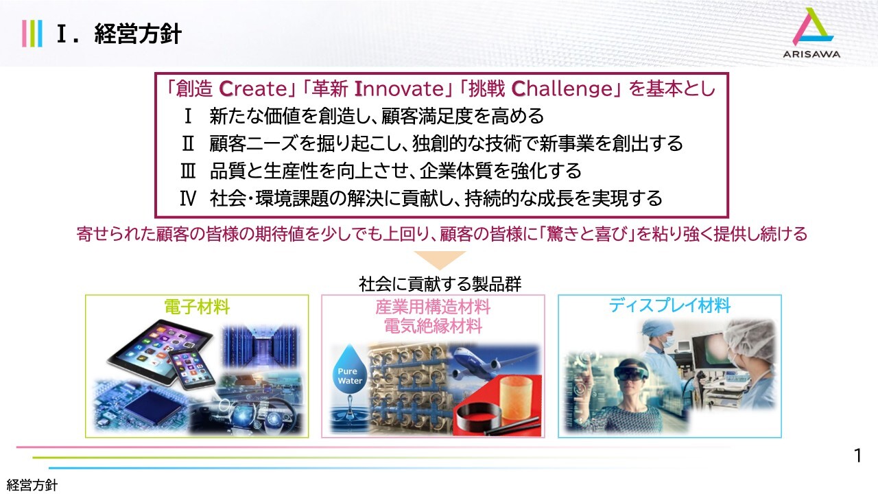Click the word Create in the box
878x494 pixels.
coord(253,89)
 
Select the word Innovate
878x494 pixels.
coord(399,89)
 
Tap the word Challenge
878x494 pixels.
coord(562,89)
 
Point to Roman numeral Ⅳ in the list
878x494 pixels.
coord(188,198)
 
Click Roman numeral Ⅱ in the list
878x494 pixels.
coord(188,143)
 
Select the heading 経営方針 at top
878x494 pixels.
coord(138,34)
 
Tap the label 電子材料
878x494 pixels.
coord(197,307)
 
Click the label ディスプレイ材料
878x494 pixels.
coord(669,305)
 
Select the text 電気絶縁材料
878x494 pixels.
coord(433,326)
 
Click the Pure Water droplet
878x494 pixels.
coord(350,370)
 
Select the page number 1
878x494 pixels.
coord(857,456)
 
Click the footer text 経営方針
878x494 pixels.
coord(32,485)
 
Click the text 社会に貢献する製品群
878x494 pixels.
coord(440,284)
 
